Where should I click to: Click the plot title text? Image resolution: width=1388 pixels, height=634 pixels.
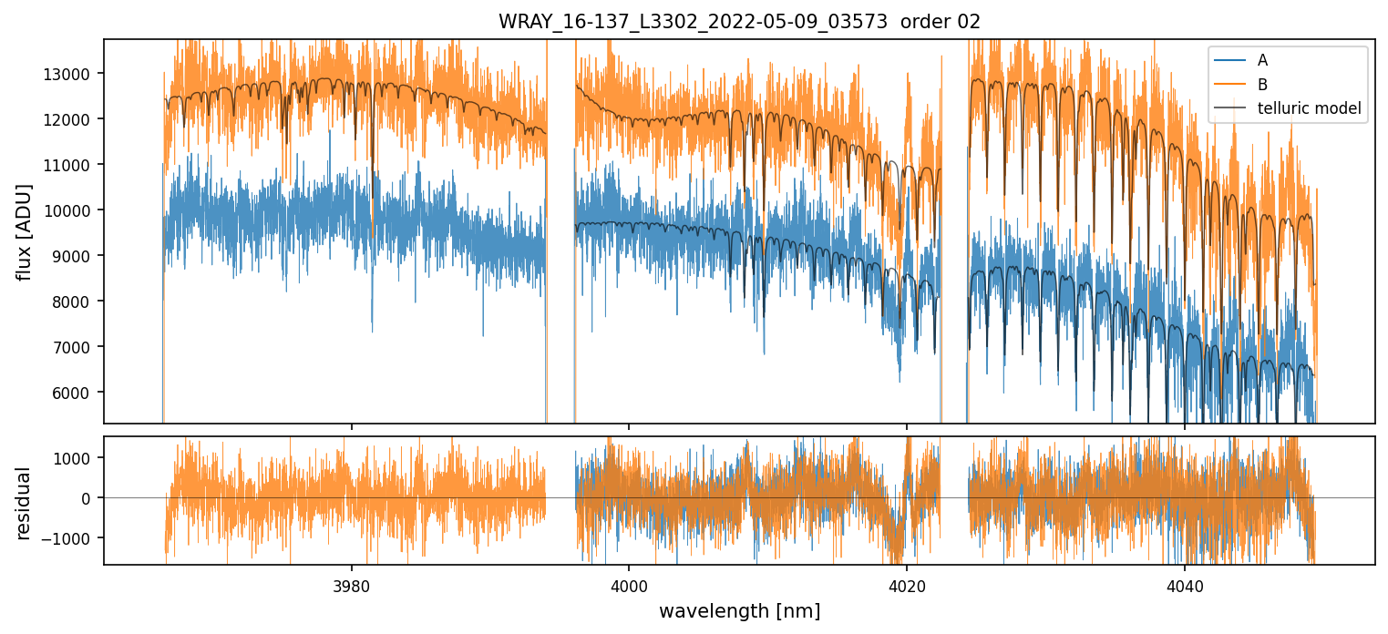point(739,22)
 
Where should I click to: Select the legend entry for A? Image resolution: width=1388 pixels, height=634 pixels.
point(1262,60)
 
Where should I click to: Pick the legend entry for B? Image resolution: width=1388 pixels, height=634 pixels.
point(1262,85)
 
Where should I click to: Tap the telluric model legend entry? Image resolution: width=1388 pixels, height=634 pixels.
point(1309,109)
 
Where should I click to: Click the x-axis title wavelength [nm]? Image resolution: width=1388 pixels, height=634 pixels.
point(739,611)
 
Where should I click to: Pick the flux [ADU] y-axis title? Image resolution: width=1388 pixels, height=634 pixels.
point(25,231)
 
